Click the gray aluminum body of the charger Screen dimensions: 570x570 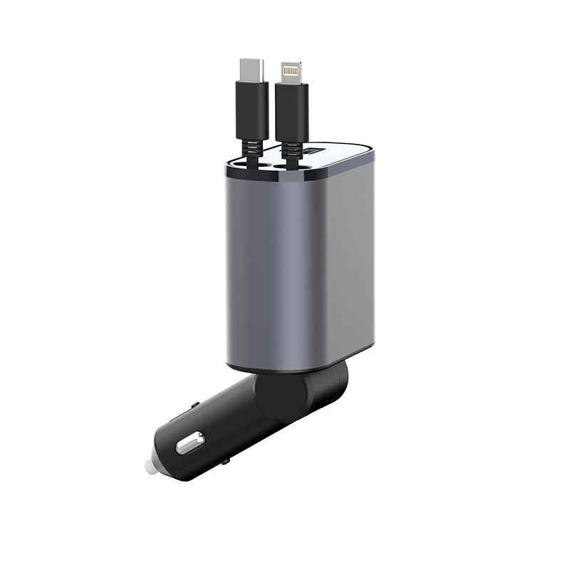click(299, 264)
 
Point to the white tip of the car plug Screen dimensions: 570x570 click(150, 467)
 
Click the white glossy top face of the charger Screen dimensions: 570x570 click(342, 158)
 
